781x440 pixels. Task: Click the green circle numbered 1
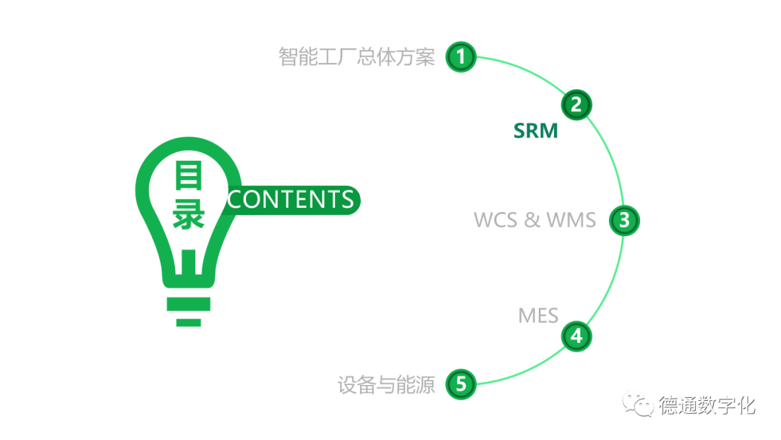click(x=461, y=56)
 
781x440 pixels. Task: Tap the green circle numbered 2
click(x=576, y=105)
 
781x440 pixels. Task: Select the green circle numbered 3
click(x=624, y=220)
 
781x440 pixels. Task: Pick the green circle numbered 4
click(x=576, y=336)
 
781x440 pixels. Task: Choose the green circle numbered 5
click(x=461, y=384)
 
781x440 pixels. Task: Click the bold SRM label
click(x=536, y=131)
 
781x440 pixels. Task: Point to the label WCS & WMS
click(x=534, y=220)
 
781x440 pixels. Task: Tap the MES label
click(x=538, y=316)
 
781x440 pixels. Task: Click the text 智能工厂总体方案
click(x=357, y=57)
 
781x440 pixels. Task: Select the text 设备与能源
click(x=386, y=385)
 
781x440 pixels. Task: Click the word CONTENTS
click(x=291, y=200)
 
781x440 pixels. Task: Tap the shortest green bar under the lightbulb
click(x=188, y=321)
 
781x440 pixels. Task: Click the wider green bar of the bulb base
click(x=188, y=303)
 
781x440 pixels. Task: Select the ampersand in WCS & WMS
click(x=532, y=220)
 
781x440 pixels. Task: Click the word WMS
click(x=571, y=220)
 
